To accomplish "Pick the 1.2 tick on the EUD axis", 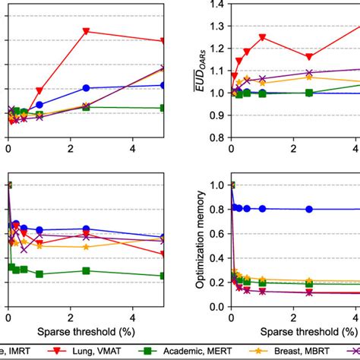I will (219, 49).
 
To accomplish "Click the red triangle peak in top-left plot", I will (86, 31).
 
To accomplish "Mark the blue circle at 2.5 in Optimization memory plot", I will (309, 209).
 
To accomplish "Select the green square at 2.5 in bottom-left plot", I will (86, 270).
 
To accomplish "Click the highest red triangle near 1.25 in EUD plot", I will (262, 37).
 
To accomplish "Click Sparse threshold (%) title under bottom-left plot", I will (86, 332).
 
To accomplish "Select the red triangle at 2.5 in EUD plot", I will (309, 57).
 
